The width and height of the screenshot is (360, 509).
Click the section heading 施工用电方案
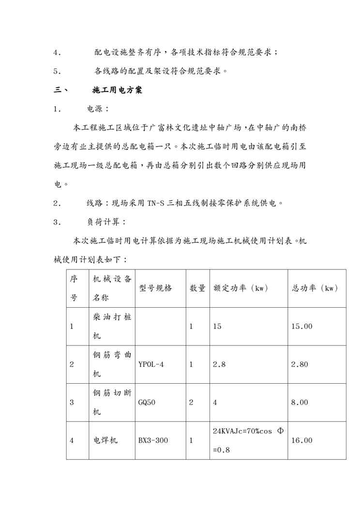click(117, 90)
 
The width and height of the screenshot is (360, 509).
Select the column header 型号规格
click(155, 288)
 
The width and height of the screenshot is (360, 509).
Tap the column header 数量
click(197, 288)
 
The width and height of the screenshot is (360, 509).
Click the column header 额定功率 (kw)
click(240, 288)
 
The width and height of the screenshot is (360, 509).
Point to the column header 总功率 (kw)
click(315, 288)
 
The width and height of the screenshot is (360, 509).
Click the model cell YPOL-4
click(151, 364)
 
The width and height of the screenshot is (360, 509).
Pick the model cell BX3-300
click(154, 440)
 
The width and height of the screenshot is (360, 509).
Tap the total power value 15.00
click(301, 327)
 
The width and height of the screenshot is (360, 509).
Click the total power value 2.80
click(300, 364)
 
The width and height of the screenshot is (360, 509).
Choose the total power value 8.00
click(300, 402)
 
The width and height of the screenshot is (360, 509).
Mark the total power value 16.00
click(301, 440)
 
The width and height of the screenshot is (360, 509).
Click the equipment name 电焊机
click(104, 440)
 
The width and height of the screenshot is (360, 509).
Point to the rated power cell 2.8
click(219, 364)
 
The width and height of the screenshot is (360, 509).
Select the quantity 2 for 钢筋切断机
click(191, 402)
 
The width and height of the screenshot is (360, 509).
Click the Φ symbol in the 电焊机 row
click(280, 430)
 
